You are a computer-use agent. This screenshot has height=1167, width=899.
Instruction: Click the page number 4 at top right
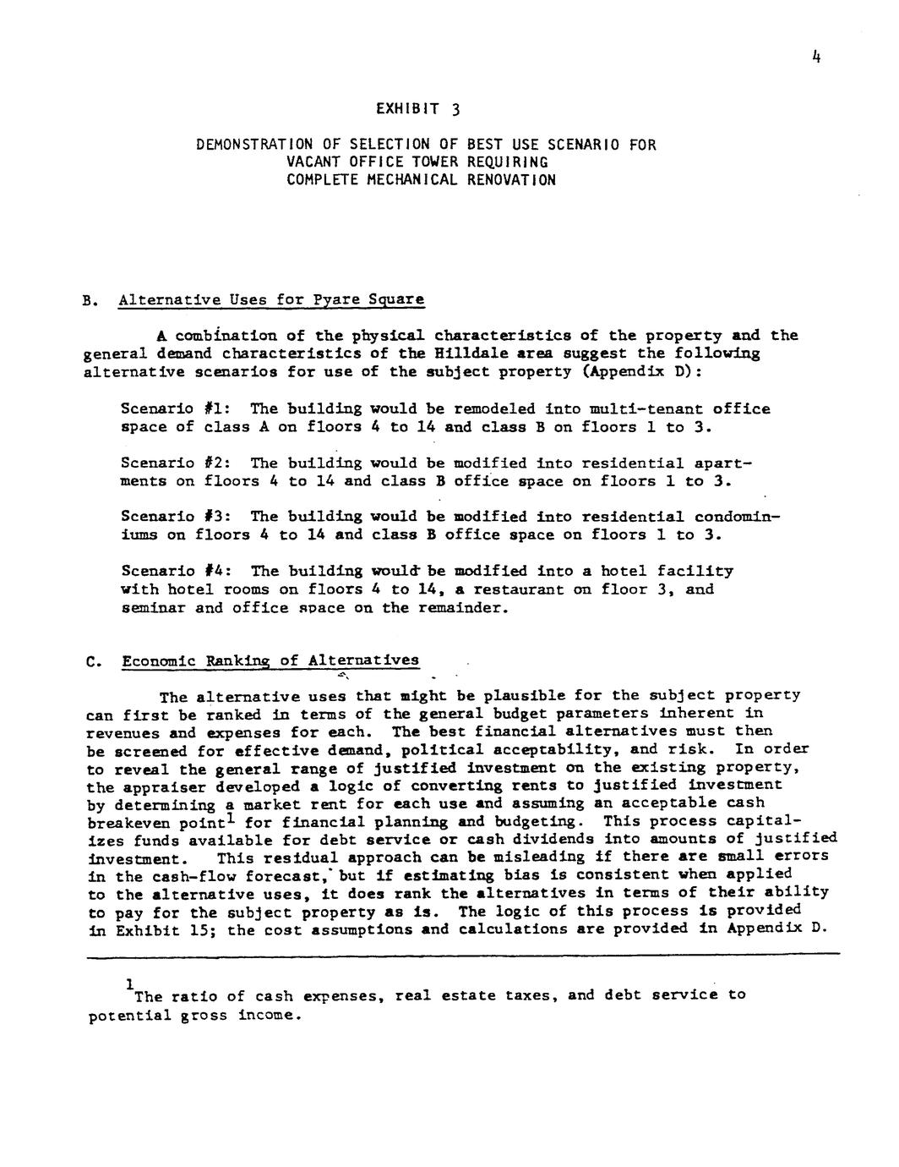816,58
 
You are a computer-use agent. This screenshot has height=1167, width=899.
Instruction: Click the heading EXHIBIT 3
418,109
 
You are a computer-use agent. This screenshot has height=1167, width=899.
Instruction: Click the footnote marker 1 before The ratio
128,985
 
